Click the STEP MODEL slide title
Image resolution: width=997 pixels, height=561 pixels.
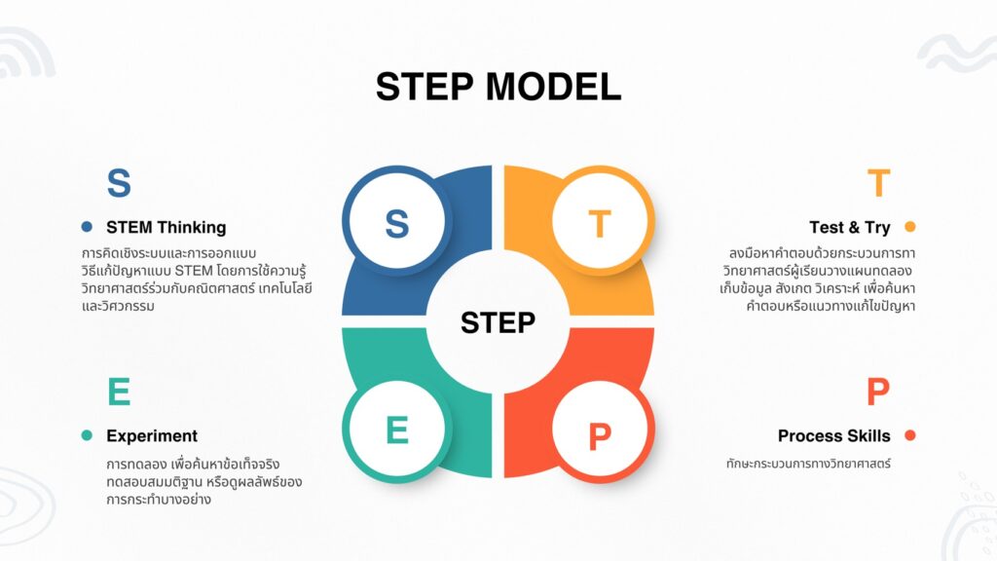click(498, 87)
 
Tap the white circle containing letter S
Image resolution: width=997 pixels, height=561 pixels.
click(396, 223)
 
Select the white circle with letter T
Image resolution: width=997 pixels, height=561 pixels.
click(600, 223)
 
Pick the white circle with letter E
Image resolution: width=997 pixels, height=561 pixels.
click(396, 430)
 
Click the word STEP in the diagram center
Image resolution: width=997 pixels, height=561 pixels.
click(498, 322)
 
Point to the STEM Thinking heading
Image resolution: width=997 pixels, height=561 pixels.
click(166, 227)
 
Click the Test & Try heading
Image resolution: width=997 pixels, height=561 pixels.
click(849, 227)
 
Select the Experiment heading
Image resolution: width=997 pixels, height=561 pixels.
click(151, 435)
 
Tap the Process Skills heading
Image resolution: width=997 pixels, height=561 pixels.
click(833, 435)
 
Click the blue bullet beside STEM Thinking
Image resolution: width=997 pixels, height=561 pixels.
click(87, 227)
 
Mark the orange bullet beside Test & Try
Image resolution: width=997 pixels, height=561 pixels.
click(910, 227)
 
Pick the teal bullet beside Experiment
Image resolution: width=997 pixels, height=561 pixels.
click(87, 435)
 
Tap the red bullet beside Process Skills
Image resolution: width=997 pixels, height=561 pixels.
click(910, 435)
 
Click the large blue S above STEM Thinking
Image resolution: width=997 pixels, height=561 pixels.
click(118, 183)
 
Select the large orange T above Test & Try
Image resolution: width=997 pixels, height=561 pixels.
click(878, 183)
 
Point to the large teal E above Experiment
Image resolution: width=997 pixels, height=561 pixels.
click(118, 392)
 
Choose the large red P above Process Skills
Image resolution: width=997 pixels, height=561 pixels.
click(878, 392)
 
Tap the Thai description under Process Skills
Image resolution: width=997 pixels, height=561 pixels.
click(808, 464)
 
